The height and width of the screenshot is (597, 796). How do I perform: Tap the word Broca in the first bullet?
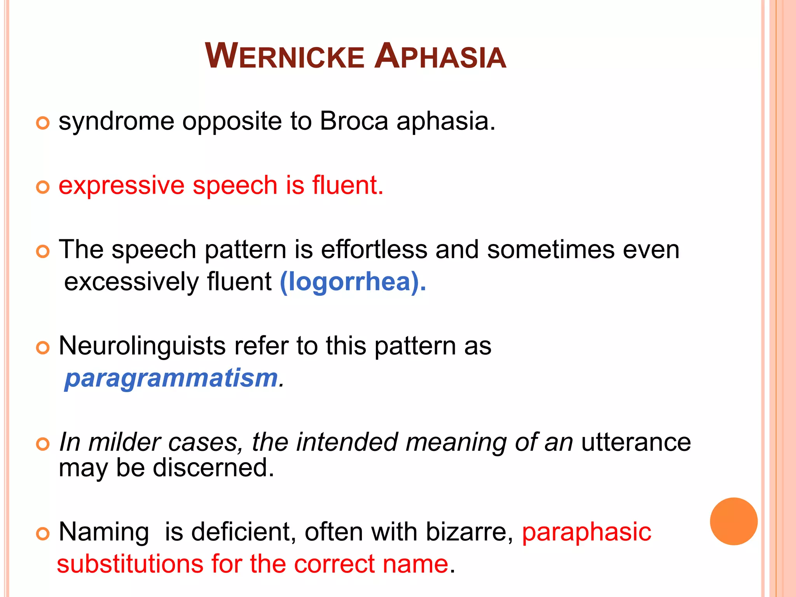coord(354,121)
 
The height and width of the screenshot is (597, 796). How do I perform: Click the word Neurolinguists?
coord(142,346)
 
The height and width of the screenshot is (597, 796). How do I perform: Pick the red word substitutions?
coord(130,564)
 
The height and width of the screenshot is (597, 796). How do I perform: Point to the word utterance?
coord(636,442)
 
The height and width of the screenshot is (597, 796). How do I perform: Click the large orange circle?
coord(733,521)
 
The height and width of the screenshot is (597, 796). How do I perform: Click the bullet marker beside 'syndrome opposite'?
coord(43,123)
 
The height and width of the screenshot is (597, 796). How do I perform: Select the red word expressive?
coord(121,186)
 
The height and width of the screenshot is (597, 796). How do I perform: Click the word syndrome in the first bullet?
coord(116,122)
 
